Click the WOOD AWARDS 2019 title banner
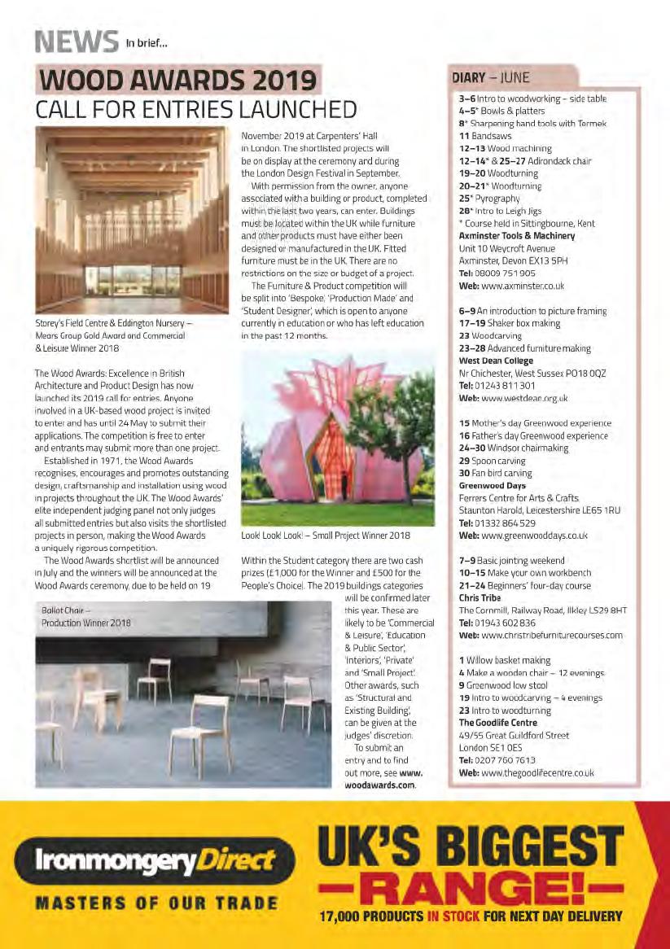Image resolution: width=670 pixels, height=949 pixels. pyautogui.click(x=178, y=81)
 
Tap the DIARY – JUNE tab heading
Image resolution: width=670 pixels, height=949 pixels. pyautogui.click(x=491, y=78)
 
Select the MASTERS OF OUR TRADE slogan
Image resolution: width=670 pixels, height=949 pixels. pyautogui.click(x=155, y=903)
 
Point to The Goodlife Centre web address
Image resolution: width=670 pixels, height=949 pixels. pyautogui.click(x=537, y=772)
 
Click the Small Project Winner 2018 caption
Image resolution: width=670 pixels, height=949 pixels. pyautogui.click(x=324, y=536)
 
